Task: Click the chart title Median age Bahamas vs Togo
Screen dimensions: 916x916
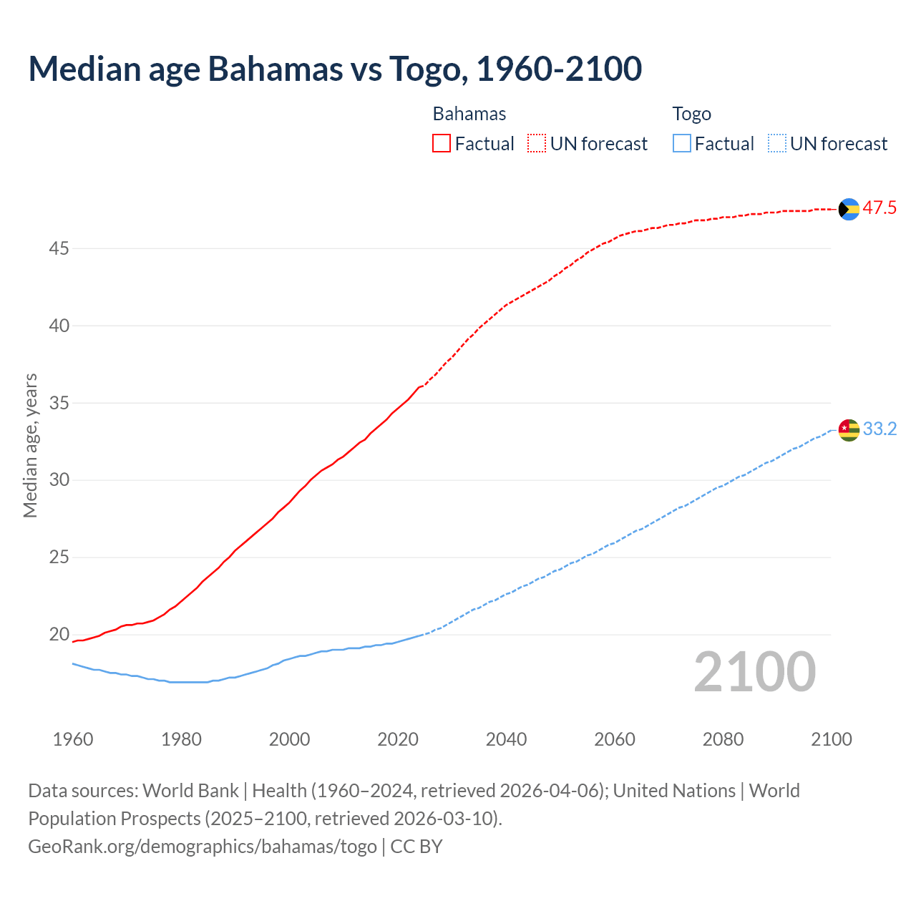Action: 335,69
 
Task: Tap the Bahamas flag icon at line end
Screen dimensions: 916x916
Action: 849,209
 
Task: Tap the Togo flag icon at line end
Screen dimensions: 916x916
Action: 849,430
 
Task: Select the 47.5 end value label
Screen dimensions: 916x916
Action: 880,208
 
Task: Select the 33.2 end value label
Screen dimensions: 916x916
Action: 880,429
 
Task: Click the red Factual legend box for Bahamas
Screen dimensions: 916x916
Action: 442,144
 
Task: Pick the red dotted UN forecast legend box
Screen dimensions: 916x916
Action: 537,144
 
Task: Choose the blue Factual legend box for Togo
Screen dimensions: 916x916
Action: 682,144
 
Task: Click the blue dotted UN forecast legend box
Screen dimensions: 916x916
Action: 776,144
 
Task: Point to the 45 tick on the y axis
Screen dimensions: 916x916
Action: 59,249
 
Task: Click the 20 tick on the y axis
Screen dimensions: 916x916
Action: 59,635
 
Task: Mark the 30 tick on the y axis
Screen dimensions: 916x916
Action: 59,480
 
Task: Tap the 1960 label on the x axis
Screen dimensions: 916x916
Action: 73,740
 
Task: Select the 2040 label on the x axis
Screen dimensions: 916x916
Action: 506,740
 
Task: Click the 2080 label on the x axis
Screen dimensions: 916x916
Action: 723,740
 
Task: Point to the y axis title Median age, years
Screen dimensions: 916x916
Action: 30,445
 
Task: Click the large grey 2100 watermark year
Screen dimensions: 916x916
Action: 755,672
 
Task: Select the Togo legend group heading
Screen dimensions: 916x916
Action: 691,114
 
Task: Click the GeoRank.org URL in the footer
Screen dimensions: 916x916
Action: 203,847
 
